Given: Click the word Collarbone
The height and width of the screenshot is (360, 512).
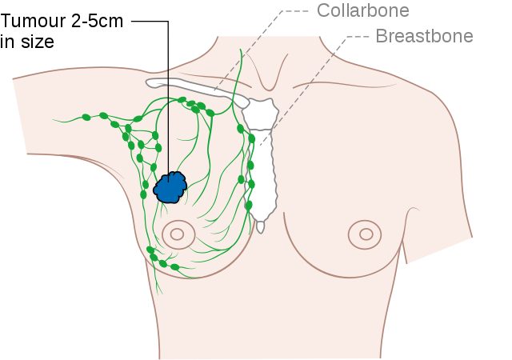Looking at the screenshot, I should click(x=362, y=10).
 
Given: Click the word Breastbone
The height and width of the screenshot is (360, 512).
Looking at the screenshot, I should click(x=424, y=36).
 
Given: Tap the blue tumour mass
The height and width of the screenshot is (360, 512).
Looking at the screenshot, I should click(x=170, y=187).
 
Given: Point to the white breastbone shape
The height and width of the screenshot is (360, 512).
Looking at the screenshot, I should click(x=261, y=160).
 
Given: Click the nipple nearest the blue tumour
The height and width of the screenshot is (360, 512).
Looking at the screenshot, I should click(x=178, y=234).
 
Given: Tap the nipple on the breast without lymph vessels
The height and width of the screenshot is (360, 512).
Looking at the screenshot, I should click(x=366, y=234).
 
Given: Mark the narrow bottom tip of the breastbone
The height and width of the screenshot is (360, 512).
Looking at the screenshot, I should click(x=261, y=226).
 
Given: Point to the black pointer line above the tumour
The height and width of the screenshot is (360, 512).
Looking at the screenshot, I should click(x=169, y=120).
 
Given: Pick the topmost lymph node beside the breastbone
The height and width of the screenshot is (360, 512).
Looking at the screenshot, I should click(x=240, y=129).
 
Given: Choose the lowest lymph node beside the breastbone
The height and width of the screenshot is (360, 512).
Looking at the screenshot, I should click(x=248, y=205).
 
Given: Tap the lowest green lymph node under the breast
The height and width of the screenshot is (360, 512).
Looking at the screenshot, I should click(x=174, y=266).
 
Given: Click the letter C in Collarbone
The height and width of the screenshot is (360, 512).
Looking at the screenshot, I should click(x=323, y=10).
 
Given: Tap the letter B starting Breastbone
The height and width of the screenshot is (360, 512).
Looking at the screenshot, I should click(x=382, y=36).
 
